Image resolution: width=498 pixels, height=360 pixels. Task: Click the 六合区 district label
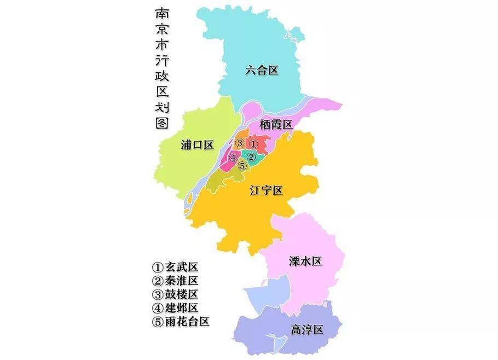pyautogui.click(x=262, y=70)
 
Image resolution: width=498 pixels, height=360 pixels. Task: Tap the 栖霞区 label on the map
pyautogui.click(x=276, y=125)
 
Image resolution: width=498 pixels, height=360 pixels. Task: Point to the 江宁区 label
pyautogui.click(x=266, y=190)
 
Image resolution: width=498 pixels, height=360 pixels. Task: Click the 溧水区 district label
pyautogui.click(x=305, y=261)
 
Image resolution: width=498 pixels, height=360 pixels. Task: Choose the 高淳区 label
pyautogui.click(x=308, y=329)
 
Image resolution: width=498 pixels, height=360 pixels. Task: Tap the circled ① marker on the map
pyautogui.click(x=253, y=143)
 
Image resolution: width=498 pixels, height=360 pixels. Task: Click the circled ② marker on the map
pyautogui.click(x=251, y=157)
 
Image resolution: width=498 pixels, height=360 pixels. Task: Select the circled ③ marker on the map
pyautogui.click(x=240, y=143)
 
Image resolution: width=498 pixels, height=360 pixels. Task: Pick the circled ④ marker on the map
pyautogui.click(x=234, y=158)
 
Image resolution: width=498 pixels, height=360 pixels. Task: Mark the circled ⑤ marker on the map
pyautogui.click(x=242, y=166)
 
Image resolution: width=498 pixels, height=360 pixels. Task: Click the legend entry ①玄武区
pyautogui.click(x=175, y=268)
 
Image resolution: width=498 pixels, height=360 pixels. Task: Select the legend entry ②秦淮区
pyautogui.click(x=175, y=281)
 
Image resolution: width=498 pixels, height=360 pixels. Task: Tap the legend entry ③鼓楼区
pyautogui.click(x=175, y=294)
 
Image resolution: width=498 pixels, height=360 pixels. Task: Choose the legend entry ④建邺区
pyautogui.click(x=175, y=307)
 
